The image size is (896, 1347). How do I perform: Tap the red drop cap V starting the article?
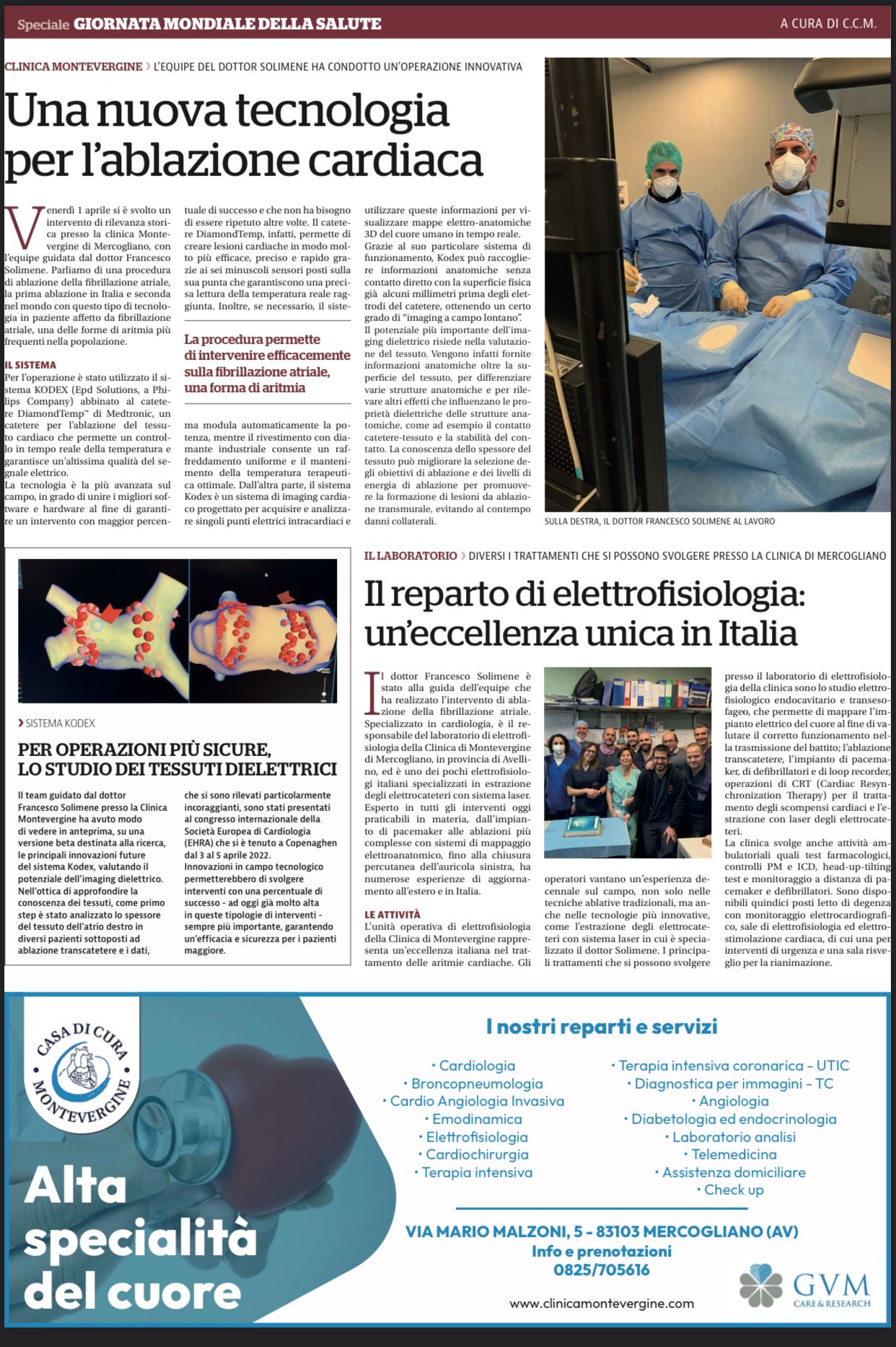click(x=22, y=226)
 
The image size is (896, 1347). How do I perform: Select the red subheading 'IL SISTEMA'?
click(x=30, y=365)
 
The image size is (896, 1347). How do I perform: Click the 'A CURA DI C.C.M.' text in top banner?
click(x=828, y=24)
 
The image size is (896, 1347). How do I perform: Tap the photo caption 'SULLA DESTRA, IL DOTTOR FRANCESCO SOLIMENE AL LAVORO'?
click(x=659, y=521)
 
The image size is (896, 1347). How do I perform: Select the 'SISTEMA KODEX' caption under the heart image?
click(x=59, y=723)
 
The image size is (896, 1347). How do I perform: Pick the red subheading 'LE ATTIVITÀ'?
click(x=392, y=914)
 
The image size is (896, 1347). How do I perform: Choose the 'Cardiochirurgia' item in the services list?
click(x=477, y=1154)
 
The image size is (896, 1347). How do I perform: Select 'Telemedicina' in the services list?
click(x=734, y=1154)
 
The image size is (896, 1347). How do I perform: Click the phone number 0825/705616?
click(x=602, y=1270)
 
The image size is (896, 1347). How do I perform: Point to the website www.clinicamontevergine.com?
click(x=602, y=1304)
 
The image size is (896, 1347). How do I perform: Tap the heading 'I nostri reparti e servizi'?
click(x=602, y=1026)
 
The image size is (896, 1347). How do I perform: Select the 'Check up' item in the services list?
click(x=734, y=1190)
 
